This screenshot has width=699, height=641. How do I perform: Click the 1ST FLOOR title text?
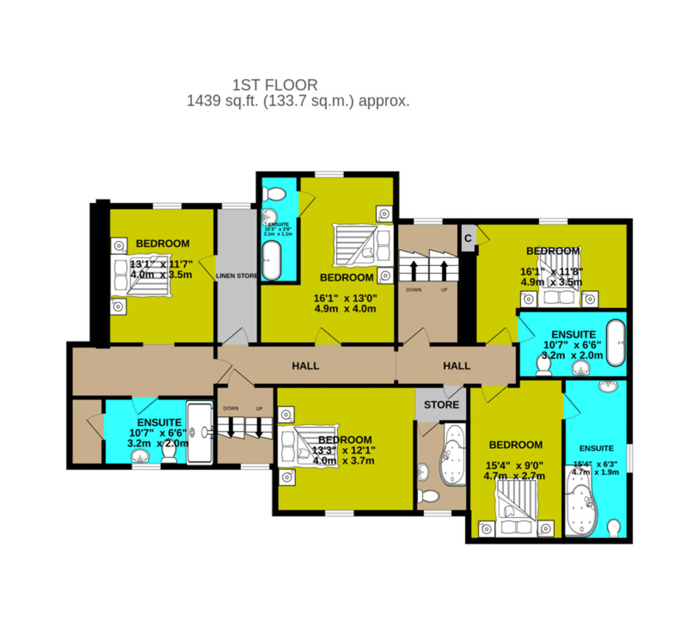click(275, 85)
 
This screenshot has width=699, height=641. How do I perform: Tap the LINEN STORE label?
click(236, 276)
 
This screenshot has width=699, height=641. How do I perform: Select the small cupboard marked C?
click(468, 238)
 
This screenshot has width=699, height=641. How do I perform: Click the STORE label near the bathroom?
click(441, 404)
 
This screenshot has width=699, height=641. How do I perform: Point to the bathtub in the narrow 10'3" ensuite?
click(271, 260)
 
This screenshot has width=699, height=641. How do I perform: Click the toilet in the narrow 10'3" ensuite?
click(273, 194)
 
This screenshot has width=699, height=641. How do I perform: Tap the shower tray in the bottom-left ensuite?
click(200, 431)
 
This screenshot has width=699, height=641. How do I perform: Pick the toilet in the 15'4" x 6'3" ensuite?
click(613, 529)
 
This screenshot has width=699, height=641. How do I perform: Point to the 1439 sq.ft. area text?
click(298, 101)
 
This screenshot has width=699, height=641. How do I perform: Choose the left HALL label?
click(305, 366)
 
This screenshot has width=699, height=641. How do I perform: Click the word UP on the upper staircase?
click(444, 290)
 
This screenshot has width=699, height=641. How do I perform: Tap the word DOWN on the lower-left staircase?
click(231, 408)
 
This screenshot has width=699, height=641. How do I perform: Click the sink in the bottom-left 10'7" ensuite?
click(140, 455)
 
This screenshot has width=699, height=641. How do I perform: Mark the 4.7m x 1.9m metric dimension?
click(595, 472)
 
